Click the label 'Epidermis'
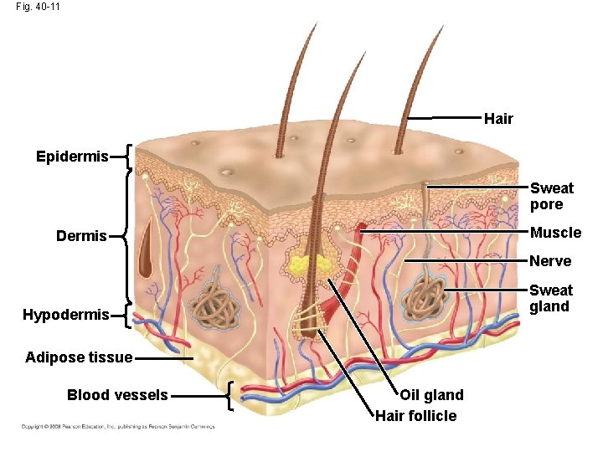72,157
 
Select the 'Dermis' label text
81,236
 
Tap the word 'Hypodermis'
65,315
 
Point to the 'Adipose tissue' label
79,357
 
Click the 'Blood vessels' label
117,395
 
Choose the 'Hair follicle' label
416,416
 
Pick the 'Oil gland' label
431,395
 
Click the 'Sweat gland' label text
551,298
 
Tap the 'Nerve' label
550,261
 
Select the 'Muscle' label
555,232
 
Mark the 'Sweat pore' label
551,197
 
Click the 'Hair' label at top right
498,119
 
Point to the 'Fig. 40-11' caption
38,7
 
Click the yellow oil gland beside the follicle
309,267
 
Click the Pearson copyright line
118,427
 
